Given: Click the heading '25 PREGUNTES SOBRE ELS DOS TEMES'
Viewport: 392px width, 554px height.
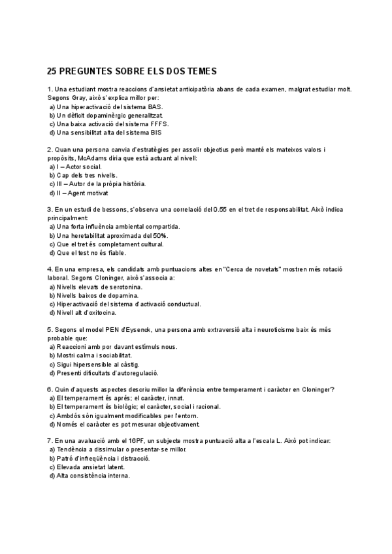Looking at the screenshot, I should coord(132,71).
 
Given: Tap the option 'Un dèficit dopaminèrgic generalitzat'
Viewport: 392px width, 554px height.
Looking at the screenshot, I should coord(106,115).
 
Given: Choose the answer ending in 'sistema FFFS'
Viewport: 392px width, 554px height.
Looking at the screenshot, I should coord(108,123).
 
